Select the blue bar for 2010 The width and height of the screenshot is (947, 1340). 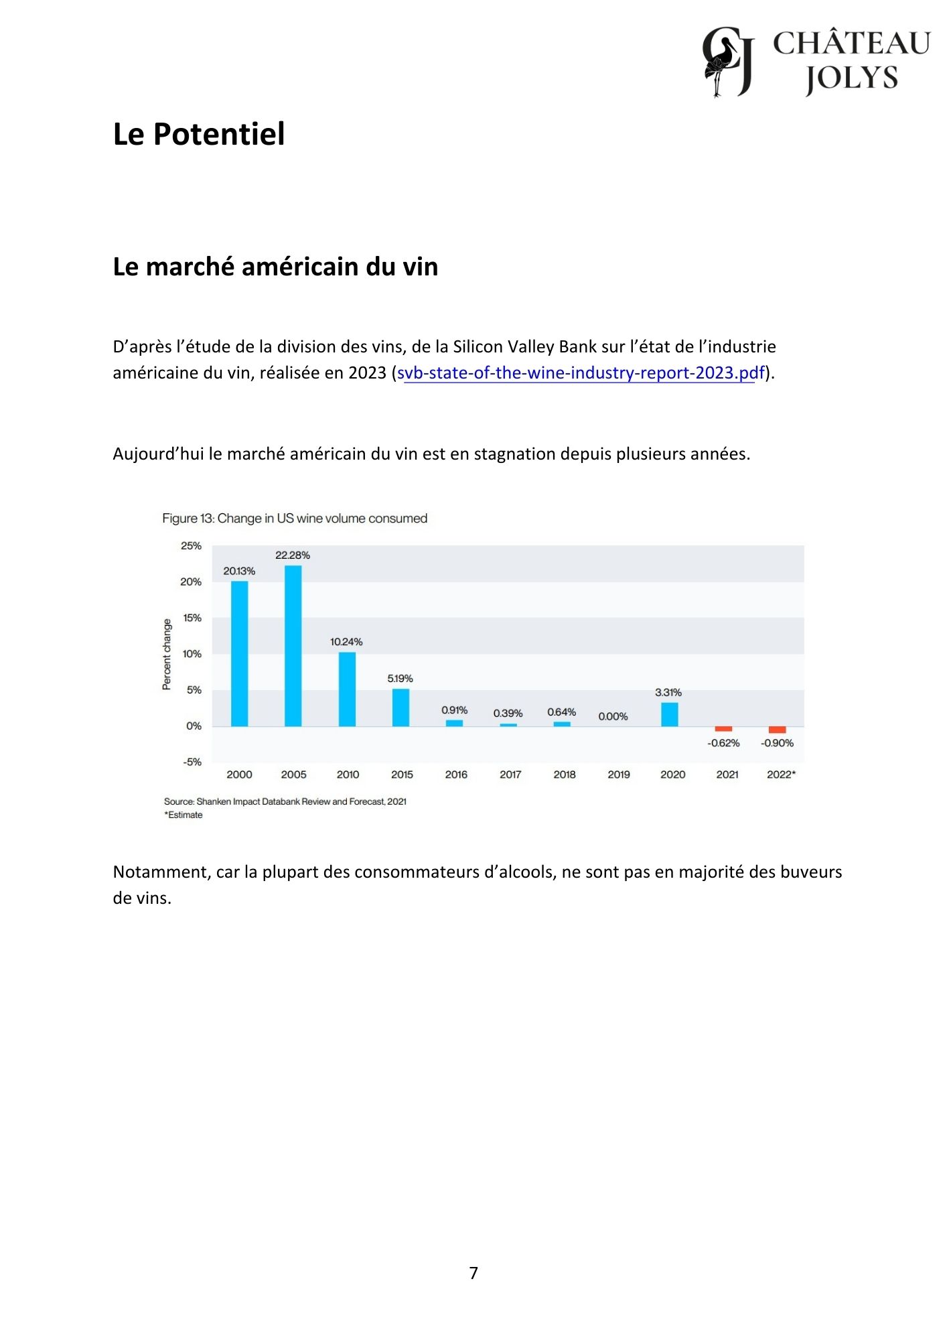pyautogui.click(x=347, y=689)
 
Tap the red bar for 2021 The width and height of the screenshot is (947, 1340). pyautogui.click(x=723, y=729)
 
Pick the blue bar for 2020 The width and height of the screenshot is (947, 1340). pyautogui.click(x=669, y=714)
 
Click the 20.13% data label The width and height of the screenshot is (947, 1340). pyautogui.click(x=239, y=572)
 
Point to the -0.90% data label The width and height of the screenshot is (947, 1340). pyautogui.click(x=777, y=743)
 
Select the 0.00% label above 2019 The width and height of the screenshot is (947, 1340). pyautogui.click(x=613, y=716)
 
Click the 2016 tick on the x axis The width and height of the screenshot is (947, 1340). pyautogui.click(x=456, y=775)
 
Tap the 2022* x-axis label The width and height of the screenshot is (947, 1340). pyautogui.click(x=781, y=775)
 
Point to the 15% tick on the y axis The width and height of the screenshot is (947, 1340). pyautogui.click(x=192, y=618)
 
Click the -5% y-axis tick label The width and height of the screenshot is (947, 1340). pyautogui.click(x=192, y=762)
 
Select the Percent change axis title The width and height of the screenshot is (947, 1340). pyautogui.click(x=167, y=654)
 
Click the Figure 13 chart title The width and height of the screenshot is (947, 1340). pyautogui.click(x=295, y=519)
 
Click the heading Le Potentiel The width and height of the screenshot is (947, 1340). pyautogui.click(x=199, y=134)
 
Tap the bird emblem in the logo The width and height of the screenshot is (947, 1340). pyautogui.click(x=721, y=62)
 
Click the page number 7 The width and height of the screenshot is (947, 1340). pyautogui.click(x=473, y=1273)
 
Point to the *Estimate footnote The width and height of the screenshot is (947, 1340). pyautogui.click(x=184, y=815)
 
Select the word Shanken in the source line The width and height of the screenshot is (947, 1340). pyautogui.click(x=214, y=801)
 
